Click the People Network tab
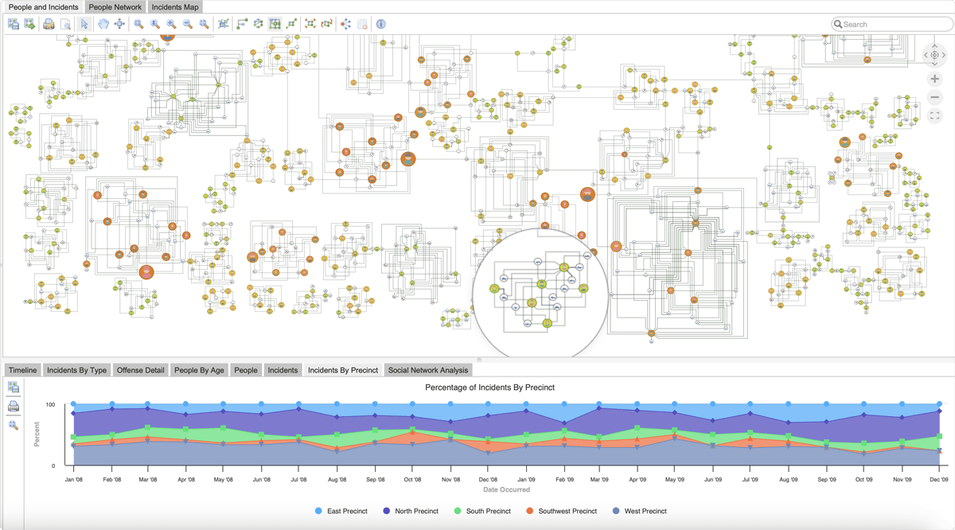pos(115,7)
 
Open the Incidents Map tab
pos(175,7)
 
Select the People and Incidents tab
pos(43,7)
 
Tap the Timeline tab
pos(22,370)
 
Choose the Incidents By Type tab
pos(76,370)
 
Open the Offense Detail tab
pos(140,370)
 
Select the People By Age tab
pos(199,370)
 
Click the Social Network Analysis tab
pos(428,370)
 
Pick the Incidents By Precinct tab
pos(343,370)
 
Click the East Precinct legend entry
pos(341,511)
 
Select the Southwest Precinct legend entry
pos(562,511)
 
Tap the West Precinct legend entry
pos(640,511)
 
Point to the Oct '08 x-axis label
pos(412,479)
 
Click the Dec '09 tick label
pos(939,479)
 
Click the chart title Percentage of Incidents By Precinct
pos(490,388)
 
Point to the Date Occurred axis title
pos(506,489)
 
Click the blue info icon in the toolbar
pos(380,24)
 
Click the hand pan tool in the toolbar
pos(103,24)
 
